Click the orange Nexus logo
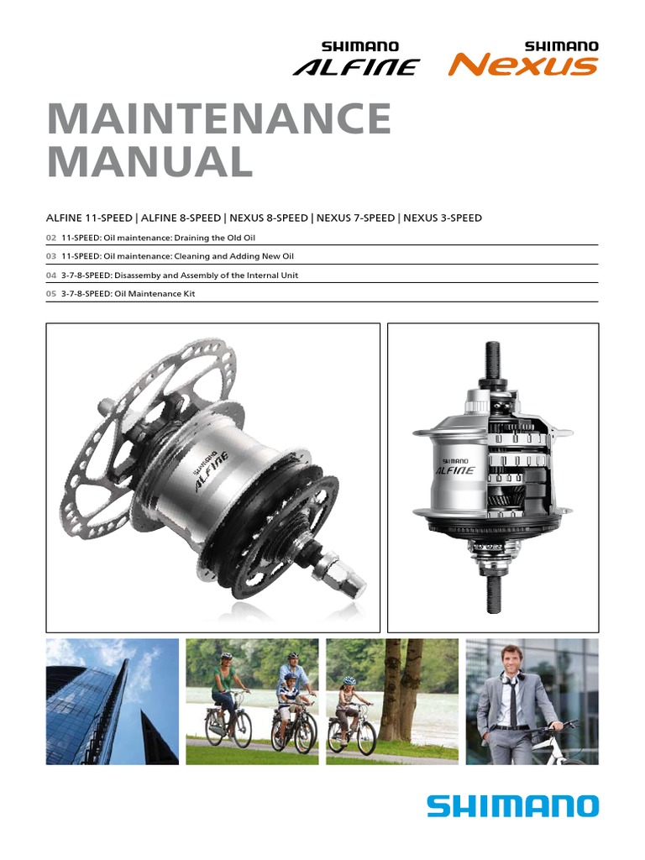point(523,60)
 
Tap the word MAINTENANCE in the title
point(219,120)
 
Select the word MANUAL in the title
point(149,162)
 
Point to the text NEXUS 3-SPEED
point(443,218)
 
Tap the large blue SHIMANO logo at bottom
point(512,807)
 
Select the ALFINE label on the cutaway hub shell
point(454,470)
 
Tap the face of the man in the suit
point(511,659)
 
